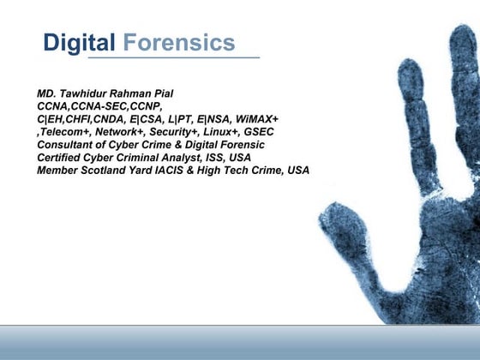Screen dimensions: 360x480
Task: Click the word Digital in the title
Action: coord(79,43)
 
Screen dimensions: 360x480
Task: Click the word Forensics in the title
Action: coord(178,43)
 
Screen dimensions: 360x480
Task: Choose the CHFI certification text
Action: coord(93,118)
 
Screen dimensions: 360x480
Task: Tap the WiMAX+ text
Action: coord(255,118)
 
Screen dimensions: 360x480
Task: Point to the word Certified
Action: coord(60,157)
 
